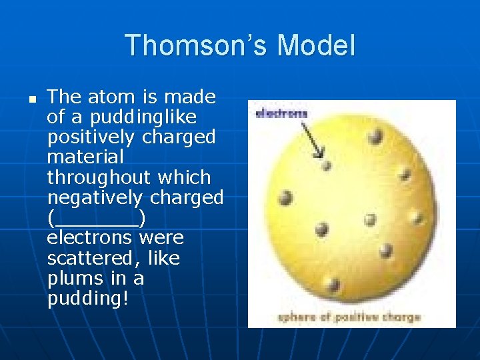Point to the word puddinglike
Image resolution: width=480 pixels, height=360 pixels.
[131, 117]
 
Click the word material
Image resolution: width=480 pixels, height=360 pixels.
[85, 157]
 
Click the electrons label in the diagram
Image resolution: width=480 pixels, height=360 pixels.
[281, 113]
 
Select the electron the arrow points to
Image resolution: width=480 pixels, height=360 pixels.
[326, 165]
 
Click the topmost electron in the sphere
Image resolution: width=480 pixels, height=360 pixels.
[375, 137]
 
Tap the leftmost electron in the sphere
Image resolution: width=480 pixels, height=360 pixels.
[285, 198]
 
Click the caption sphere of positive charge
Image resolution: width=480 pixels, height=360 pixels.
[349, 317]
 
